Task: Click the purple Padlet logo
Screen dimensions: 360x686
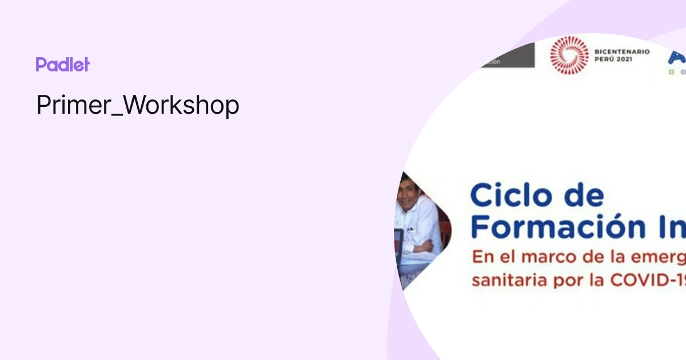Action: tap(62, 65)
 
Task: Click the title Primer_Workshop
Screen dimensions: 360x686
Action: tap(138, 105)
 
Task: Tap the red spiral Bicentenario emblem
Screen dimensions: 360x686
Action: tap(569, 55)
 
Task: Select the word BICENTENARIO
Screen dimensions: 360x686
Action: tap(622, 51)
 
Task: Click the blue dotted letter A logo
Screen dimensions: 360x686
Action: tap(677, 57)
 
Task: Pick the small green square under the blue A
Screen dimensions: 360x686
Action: tap(672, 72)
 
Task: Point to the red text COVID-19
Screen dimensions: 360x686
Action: tap(652, 280)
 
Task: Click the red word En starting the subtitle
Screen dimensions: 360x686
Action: tap(481, 257)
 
